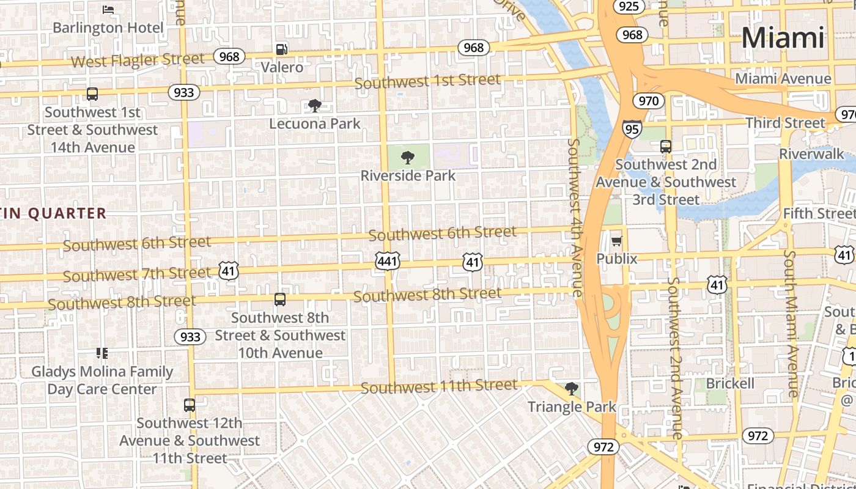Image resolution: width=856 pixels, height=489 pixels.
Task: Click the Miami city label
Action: point(783,38)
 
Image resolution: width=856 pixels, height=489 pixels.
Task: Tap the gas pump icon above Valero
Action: point(281,49)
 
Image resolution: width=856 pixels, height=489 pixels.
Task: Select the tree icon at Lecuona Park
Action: point(315,106)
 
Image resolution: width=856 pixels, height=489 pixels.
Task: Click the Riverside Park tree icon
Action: point(408,158)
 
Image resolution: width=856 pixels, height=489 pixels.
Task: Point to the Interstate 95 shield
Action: point(632,128)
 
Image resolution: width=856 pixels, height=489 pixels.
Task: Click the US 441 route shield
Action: point(388,262)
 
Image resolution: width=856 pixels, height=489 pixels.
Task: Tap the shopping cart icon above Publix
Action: point(616,241)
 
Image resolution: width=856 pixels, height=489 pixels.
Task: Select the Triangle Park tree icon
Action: point(571,389)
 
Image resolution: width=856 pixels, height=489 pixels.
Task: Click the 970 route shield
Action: point(648,100)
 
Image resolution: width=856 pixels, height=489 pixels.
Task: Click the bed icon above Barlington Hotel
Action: point(108,10)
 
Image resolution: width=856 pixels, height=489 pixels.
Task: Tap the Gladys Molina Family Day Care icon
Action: point(101,353)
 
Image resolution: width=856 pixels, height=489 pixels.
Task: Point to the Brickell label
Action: point(730,383)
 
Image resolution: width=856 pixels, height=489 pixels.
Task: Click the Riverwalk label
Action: point(811,153)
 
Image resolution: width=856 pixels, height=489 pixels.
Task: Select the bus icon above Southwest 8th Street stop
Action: point(279,300)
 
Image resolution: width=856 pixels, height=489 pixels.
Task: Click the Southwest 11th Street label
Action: point(439,387)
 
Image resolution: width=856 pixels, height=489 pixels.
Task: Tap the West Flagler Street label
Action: point(138,60)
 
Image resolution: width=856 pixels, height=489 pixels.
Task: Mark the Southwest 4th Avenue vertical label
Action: point(574,217)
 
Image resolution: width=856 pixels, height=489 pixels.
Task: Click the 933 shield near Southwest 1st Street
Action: point(183,92)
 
